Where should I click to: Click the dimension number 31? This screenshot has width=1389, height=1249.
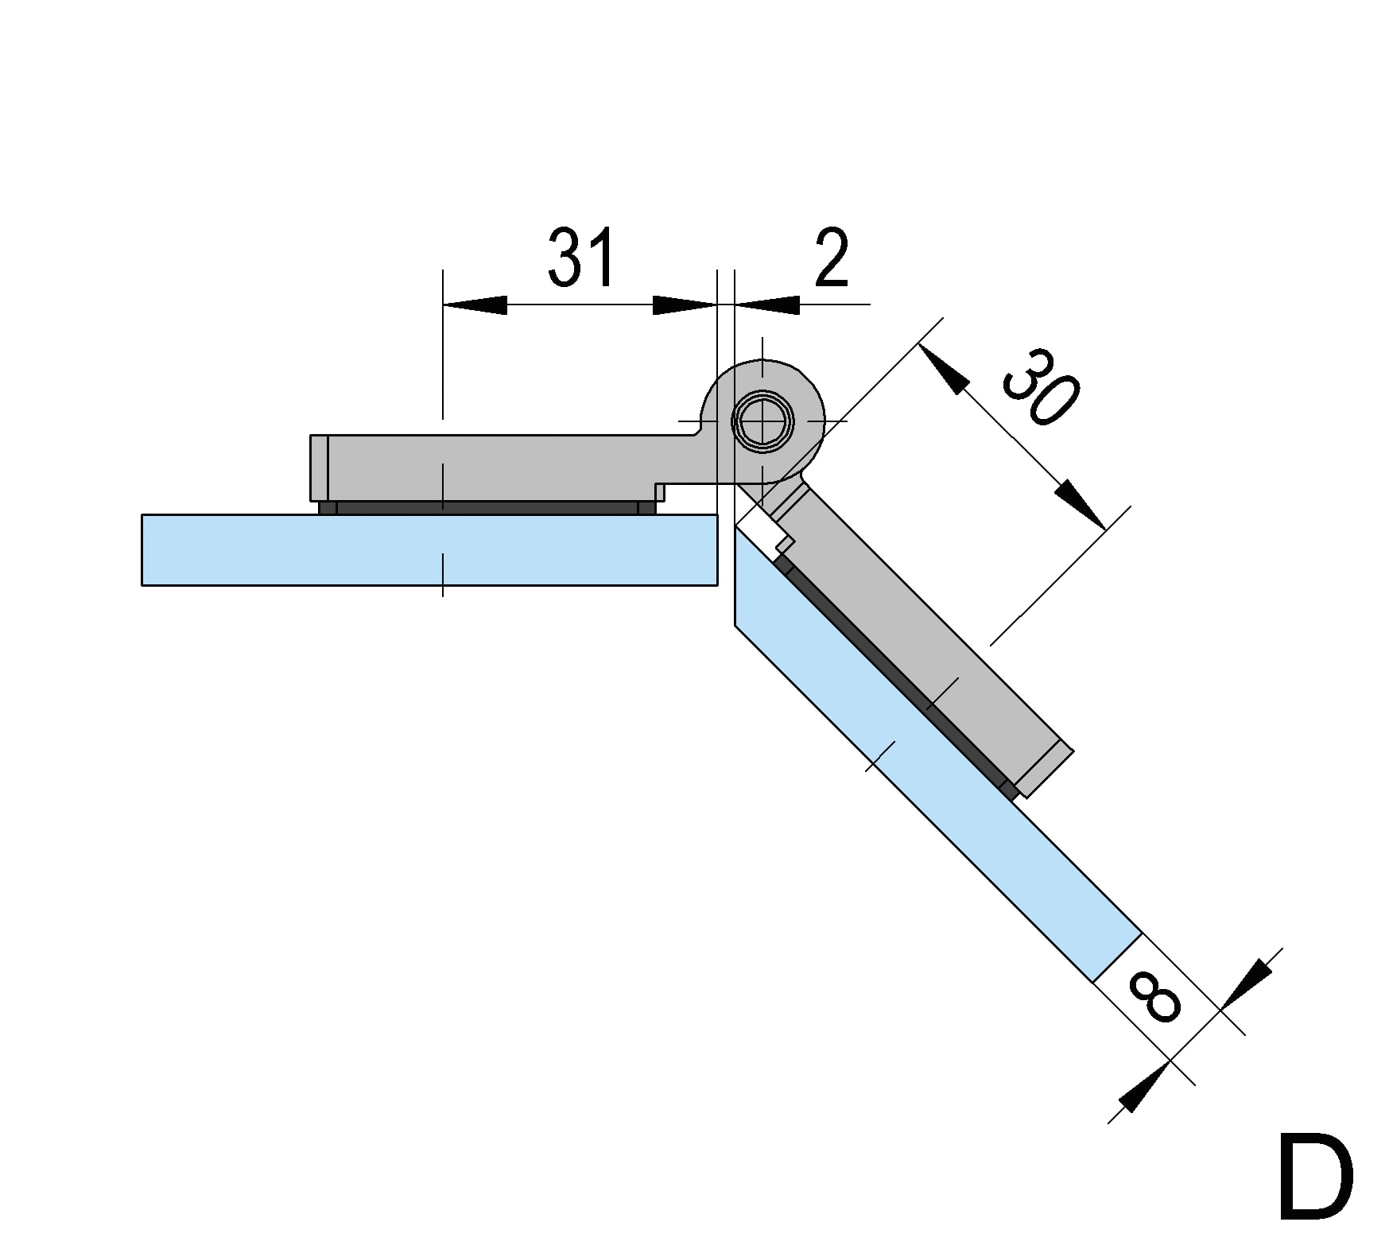point(582,257)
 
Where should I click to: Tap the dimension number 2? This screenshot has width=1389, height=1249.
point(832,258)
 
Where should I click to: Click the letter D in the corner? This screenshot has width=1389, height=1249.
point(1315,1178)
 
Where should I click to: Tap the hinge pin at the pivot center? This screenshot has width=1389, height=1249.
point(763,421)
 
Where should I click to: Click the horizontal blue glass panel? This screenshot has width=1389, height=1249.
point(429,549)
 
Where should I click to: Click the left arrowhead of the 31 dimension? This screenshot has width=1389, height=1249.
point(475,304)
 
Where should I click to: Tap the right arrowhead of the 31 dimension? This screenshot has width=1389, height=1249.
point(684,304)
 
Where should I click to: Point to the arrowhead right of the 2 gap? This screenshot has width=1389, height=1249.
point(768,304)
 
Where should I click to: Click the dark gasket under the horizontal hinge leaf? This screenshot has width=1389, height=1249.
point(487,507)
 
